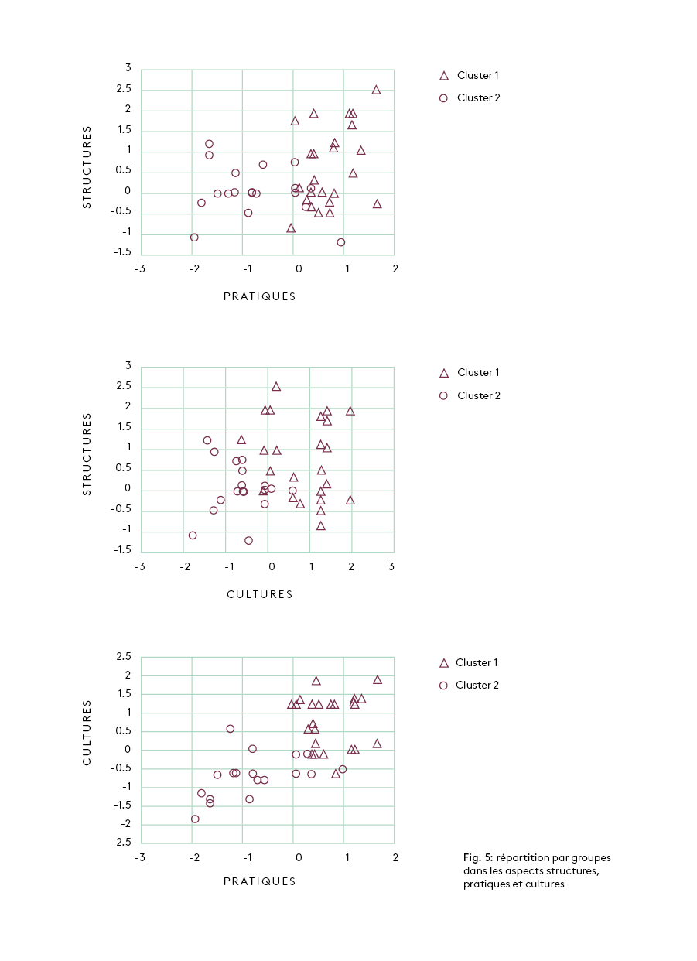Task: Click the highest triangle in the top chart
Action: [376, 90]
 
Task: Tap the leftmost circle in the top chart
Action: [194, 238]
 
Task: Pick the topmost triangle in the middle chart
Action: [276, 386]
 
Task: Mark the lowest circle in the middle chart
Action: [248, 541]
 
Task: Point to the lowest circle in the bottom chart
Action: [195, 819]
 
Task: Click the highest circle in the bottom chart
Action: [230, 729]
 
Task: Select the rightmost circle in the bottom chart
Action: [343, 769]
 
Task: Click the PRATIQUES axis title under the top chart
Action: [259, 296]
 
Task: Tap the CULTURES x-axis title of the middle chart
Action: [259, 594]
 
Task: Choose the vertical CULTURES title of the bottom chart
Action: [87, 733]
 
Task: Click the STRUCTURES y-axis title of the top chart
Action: [87, 167]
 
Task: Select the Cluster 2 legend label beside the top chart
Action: [478, 98]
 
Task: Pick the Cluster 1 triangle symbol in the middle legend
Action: [444, 373]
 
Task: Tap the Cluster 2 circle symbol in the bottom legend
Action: [444, 686]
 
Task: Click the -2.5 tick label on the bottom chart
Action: [123, 843]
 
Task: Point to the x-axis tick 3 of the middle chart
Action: [391, 567]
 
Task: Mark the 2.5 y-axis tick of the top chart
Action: [123, 89]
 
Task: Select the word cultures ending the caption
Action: [545, 884]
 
